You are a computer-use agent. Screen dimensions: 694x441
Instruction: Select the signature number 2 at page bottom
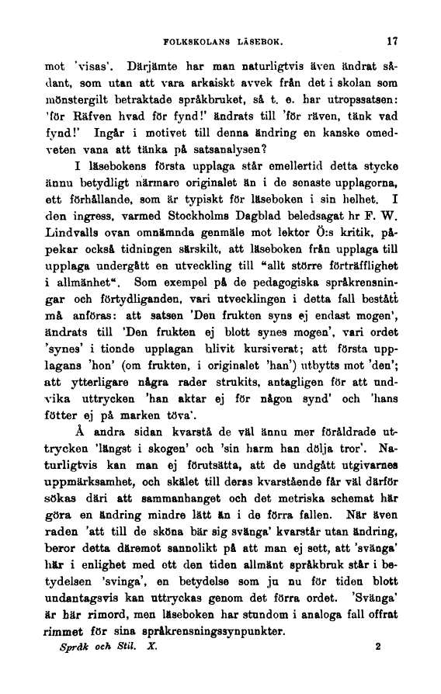click(377, 646)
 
